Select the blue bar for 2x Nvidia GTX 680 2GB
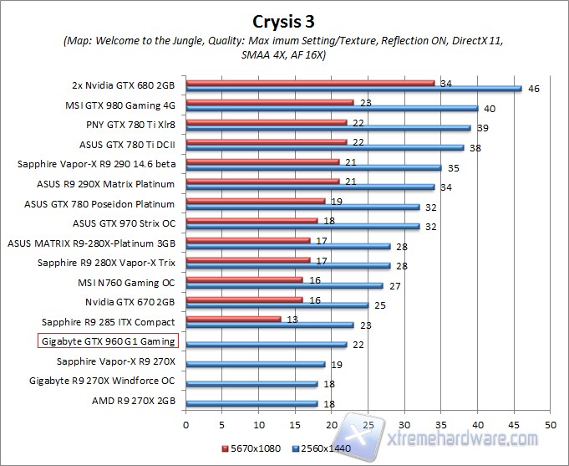coord(353,88)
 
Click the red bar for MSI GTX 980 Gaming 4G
coord(269,103)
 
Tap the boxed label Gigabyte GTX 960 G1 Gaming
coord(108,341)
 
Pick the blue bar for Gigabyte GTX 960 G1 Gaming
coord(266,345)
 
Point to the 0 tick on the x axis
coord(185,423)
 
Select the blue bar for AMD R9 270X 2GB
coord(251,403)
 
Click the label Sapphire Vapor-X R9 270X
coord(116,361)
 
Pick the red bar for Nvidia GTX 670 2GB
coord(244,299)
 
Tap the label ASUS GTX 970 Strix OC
coord(124,223)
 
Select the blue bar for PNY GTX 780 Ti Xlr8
coord(328,128)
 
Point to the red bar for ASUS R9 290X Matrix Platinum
coord(262,181)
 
